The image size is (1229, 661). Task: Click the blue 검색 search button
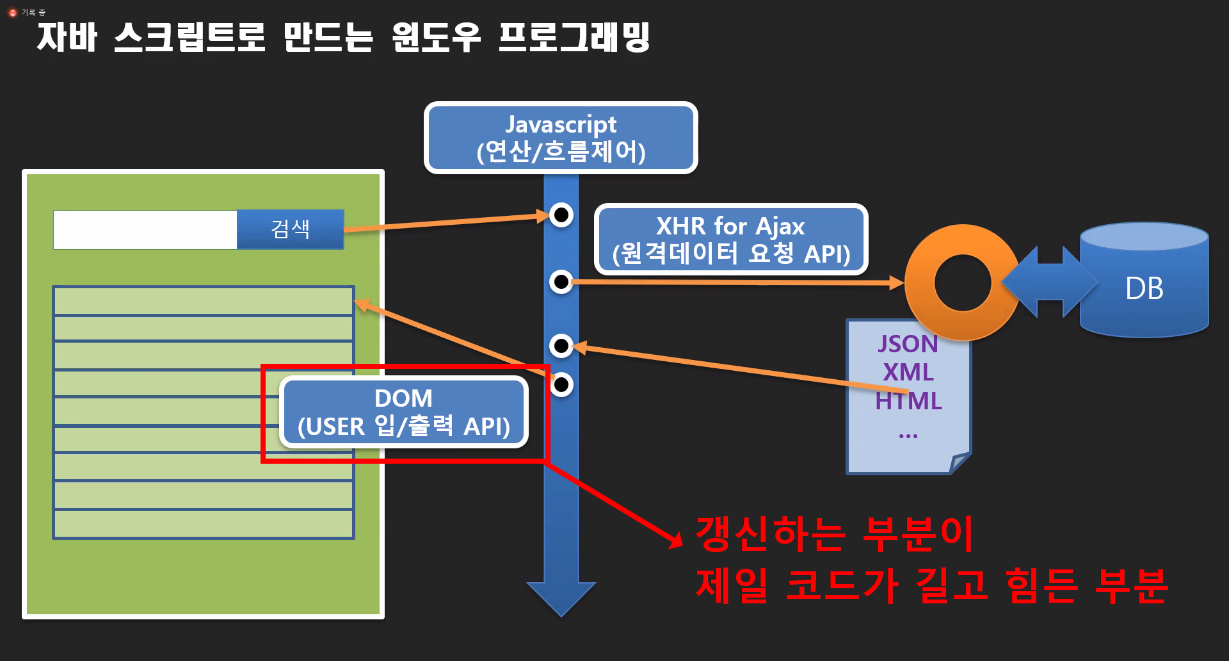point(290,229)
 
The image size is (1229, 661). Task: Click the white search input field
point(145,230)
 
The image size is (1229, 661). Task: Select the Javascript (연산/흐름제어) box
point(561,138)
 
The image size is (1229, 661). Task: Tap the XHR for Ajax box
point(730,240)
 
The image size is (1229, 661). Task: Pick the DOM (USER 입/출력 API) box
point(403,412)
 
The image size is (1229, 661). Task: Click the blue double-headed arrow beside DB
point(1050,282)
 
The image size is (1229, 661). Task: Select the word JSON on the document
point(908,344)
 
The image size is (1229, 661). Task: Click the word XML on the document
point(908,372)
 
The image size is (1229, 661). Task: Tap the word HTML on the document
point(908,401)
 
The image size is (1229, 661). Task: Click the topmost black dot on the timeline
point(561,215)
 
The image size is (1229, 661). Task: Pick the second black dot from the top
point(561,281)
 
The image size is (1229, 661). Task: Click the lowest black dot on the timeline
point(561,384)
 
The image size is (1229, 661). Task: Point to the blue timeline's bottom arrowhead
point(561,598)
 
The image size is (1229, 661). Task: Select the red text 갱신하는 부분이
point(834,534)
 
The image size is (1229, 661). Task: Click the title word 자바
point(67,37)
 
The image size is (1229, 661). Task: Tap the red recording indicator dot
point(13,13)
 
